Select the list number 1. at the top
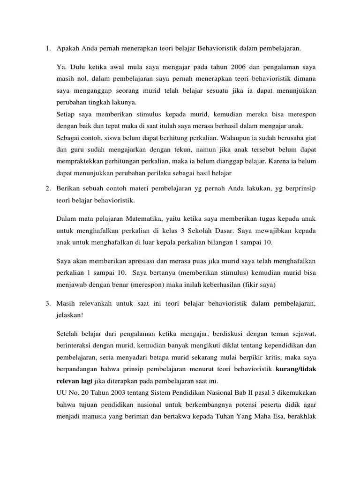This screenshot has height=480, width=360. pyautogui.click(x=48, y=48)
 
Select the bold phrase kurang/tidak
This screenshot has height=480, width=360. pyautogui.click(x=296, y=369)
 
